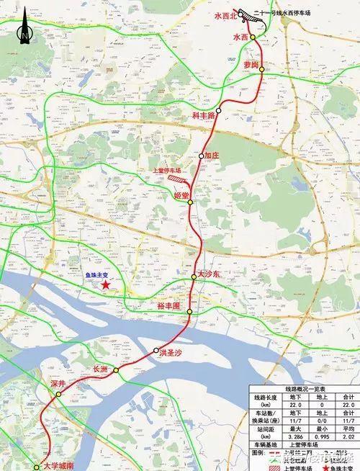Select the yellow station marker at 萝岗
(x=263, y=69)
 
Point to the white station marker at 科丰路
(x=218, y=111)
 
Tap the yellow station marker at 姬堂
(x=191, y=202)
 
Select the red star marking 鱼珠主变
(x=105, y=285)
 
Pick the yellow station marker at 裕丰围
(x=190, y=312)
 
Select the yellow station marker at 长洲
(x=116, y=369)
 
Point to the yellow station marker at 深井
(x=59, y=395)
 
